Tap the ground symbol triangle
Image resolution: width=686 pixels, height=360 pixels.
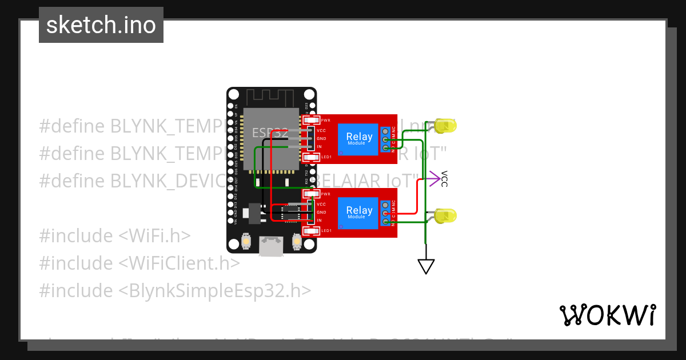click(426, 266)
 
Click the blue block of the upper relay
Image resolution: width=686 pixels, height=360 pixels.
click(359, 139)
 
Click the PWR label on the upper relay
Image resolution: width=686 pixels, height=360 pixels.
click(326, 121)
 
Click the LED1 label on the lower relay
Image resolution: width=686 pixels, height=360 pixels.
click(326, 230)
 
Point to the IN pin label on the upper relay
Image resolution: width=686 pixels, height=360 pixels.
click(319, 147)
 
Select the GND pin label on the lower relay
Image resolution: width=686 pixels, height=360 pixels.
click(321, 212)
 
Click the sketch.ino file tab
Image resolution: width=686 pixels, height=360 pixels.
click(101, 25)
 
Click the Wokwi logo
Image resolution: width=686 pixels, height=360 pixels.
click(607, 315)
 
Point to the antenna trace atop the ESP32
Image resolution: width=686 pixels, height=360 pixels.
click(272, 97)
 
